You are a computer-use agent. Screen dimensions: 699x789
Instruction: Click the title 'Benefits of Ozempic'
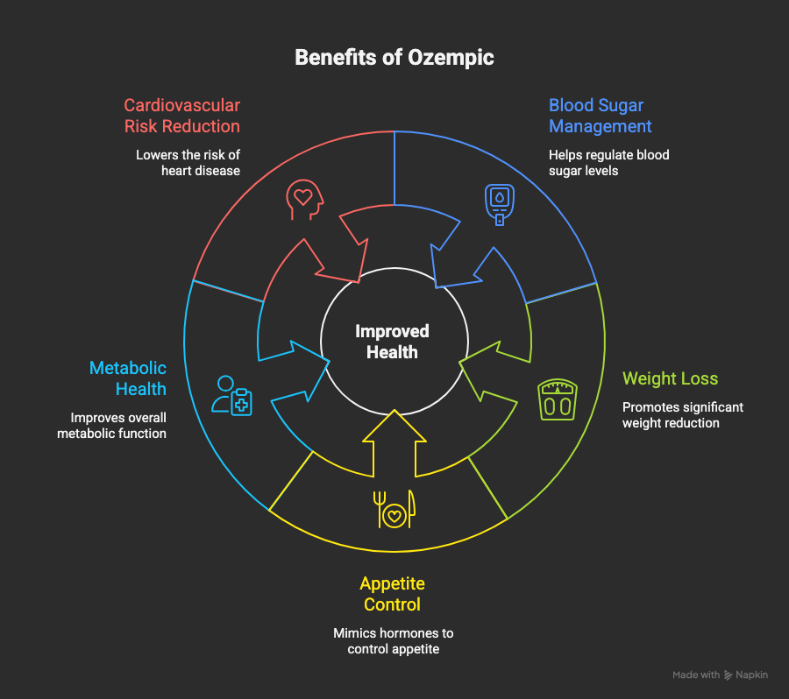click(394, 58)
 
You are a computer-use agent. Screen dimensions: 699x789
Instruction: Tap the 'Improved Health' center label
click(392, 342)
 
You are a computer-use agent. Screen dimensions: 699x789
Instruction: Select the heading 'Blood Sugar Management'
click(601, 116)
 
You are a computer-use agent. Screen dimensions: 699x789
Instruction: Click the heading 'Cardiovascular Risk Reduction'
click(181, 116)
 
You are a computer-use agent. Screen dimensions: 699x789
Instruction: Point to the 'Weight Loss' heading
click(670, 378)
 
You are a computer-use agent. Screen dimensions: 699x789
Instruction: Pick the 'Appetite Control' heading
click(392, 594)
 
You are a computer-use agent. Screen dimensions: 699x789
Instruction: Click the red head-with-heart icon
click(302, 200)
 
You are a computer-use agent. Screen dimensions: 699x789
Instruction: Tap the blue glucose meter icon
click(498, 203)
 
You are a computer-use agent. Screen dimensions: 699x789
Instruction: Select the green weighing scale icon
click(558, 399)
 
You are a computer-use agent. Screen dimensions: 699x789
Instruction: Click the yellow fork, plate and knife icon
click(394, 509)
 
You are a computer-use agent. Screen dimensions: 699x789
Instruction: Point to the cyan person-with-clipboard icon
click(231, 395)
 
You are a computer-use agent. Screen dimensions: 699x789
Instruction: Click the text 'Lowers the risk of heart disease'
click(188, 163)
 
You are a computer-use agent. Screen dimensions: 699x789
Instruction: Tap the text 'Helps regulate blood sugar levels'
click(608, 163)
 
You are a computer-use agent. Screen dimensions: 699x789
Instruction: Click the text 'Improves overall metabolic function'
click(111, 426)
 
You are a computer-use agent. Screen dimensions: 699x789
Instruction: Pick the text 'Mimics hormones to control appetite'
click(393, 641)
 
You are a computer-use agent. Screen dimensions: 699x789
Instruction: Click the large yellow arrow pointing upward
click(393, 447)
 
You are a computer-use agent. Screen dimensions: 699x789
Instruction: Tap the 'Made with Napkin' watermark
click(720, 675)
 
